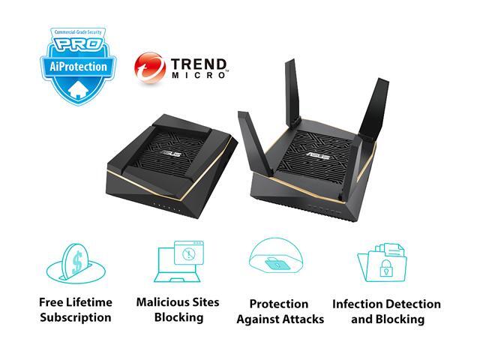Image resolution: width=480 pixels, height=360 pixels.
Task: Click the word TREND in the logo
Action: (196, 62)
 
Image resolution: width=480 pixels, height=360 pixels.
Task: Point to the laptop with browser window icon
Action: (178, 259)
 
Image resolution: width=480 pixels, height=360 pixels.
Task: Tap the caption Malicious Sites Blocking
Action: (178, 310)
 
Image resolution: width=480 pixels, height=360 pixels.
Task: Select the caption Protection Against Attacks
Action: (280, 311)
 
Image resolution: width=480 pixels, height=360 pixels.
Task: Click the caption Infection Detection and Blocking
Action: (386, 311)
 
